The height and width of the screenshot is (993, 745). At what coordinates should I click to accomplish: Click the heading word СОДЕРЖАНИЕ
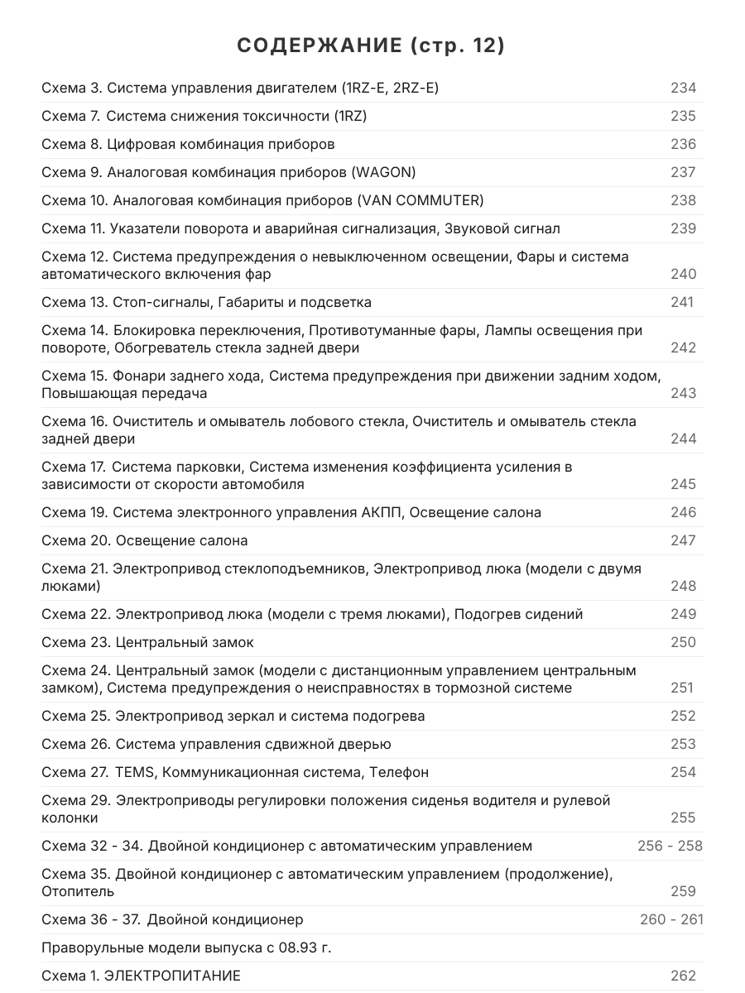[318, 46]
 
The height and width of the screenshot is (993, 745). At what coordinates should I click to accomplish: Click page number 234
[683, 88]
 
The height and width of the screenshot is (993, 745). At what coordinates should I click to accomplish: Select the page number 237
[683, 172]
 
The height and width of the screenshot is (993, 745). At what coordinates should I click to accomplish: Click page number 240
[683, 274]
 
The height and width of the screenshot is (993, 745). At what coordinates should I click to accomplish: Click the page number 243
[683, 393]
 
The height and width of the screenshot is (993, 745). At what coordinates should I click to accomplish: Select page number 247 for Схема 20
[683, 540]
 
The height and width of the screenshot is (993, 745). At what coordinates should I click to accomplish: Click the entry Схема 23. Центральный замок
[147, 642]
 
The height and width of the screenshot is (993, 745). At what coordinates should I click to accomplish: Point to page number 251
[682, 688]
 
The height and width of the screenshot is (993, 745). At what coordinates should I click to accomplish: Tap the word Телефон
[399, 772]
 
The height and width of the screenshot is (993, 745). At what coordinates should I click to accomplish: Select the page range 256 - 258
[670, 846]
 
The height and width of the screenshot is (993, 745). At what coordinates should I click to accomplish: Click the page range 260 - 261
[671, 919]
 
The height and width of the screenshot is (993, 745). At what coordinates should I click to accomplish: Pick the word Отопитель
[78, 891]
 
